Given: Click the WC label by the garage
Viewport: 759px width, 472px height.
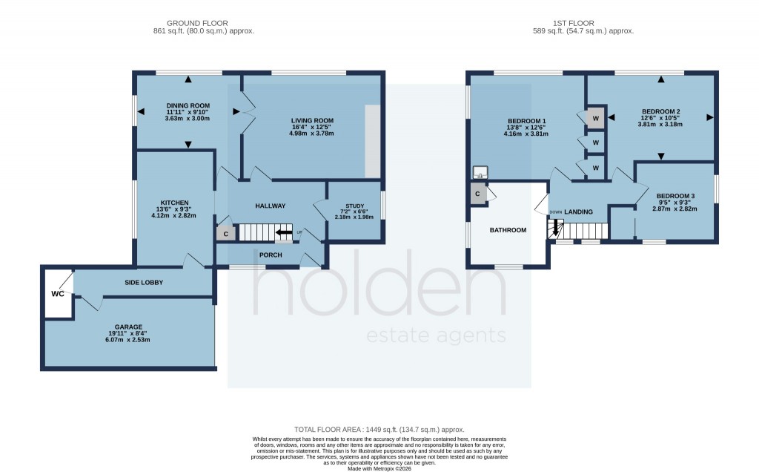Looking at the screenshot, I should (58, 294).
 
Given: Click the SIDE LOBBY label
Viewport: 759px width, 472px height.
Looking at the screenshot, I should (144, 283).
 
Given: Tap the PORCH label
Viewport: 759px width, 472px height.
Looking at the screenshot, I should (271, 255).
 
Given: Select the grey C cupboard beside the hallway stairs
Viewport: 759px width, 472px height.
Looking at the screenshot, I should (225, 234).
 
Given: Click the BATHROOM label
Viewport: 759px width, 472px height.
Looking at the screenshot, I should (508, 230).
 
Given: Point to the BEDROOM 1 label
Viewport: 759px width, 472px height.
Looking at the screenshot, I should (527, 121).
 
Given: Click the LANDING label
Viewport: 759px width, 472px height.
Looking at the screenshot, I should (579, 212).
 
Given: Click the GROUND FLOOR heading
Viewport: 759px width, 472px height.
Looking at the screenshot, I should (198, 23).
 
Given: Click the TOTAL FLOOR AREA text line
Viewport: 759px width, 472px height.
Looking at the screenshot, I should (379, 429).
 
